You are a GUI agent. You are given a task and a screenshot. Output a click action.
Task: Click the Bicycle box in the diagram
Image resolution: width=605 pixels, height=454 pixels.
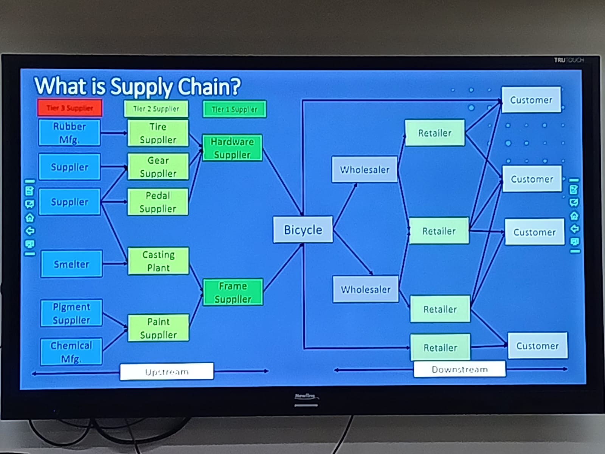coord(303,230)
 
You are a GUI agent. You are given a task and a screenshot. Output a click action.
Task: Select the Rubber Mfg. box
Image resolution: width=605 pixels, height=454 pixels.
coord(69,133)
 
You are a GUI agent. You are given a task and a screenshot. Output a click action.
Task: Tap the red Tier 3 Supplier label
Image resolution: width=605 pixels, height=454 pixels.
coord(70,108)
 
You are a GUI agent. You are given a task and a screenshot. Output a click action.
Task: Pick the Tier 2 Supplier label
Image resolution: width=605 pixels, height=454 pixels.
coord(156,109)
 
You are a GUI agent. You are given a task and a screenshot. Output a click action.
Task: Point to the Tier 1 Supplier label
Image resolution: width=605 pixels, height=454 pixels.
coord(234,109)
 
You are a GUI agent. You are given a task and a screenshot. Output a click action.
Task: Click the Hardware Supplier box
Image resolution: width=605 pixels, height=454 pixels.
coord(232,148)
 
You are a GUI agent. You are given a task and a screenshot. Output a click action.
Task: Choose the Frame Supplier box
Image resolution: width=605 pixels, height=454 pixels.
coord(233,292)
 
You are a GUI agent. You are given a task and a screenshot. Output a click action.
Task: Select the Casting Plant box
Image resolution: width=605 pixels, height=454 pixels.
coord(158,261)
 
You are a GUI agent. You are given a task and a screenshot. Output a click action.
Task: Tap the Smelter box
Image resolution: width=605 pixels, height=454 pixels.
coord(71,264)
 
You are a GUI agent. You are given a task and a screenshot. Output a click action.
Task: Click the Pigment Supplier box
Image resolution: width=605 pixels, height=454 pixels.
coord(71,313)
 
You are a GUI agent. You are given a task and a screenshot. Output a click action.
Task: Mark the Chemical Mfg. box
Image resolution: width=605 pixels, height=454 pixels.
coord(71,351)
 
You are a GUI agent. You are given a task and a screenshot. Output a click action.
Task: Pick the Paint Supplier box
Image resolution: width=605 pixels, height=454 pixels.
coord(158,328)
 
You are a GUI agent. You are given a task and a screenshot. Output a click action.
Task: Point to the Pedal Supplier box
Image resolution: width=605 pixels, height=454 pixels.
coord(158,202)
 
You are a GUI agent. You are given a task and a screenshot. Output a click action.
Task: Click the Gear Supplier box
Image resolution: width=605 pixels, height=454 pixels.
coord(158,167)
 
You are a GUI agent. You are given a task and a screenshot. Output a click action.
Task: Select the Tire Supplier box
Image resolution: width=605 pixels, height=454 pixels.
coord(158,133)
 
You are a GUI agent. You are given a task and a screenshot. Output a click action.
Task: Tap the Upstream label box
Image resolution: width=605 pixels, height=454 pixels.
coord(167,372)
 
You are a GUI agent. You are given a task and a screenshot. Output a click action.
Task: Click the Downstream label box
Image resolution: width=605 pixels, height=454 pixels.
coord(459,369)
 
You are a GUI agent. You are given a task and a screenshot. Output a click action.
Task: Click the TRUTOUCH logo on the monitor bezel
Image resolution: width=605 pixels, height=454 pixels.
coord(569,60)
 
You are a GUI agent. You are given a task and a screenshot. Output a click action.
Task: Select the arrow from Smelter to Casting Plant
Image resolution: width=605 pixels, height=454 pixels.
coord(115,263)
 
